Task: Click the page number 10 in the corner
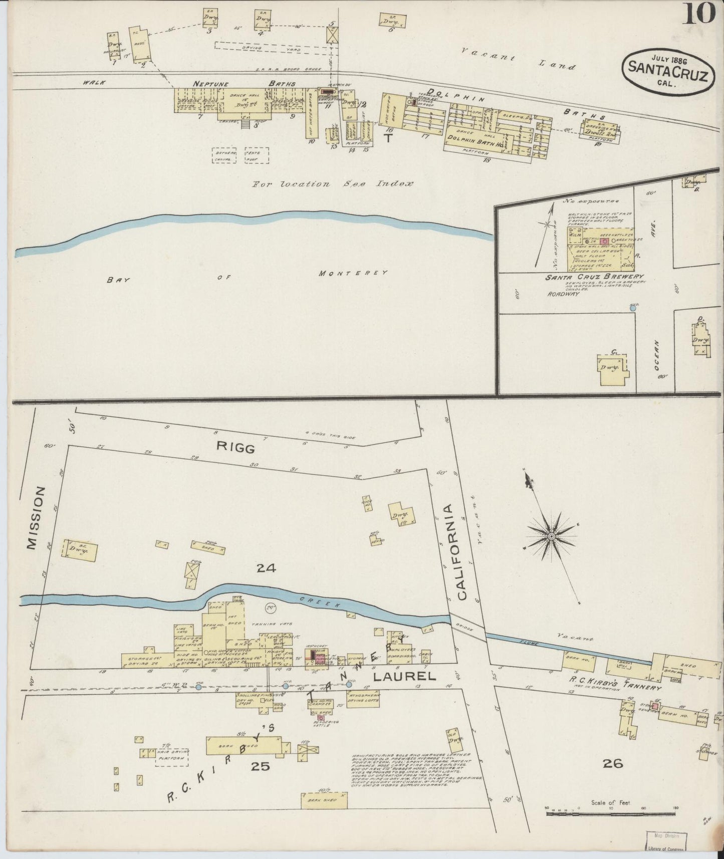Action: click(698, 14)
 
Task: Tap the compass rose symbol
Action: click(551, 536)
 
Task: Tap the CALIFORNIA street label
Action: click(461, 551)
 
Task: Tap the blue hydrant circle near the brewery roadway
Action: click(633, 308)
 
